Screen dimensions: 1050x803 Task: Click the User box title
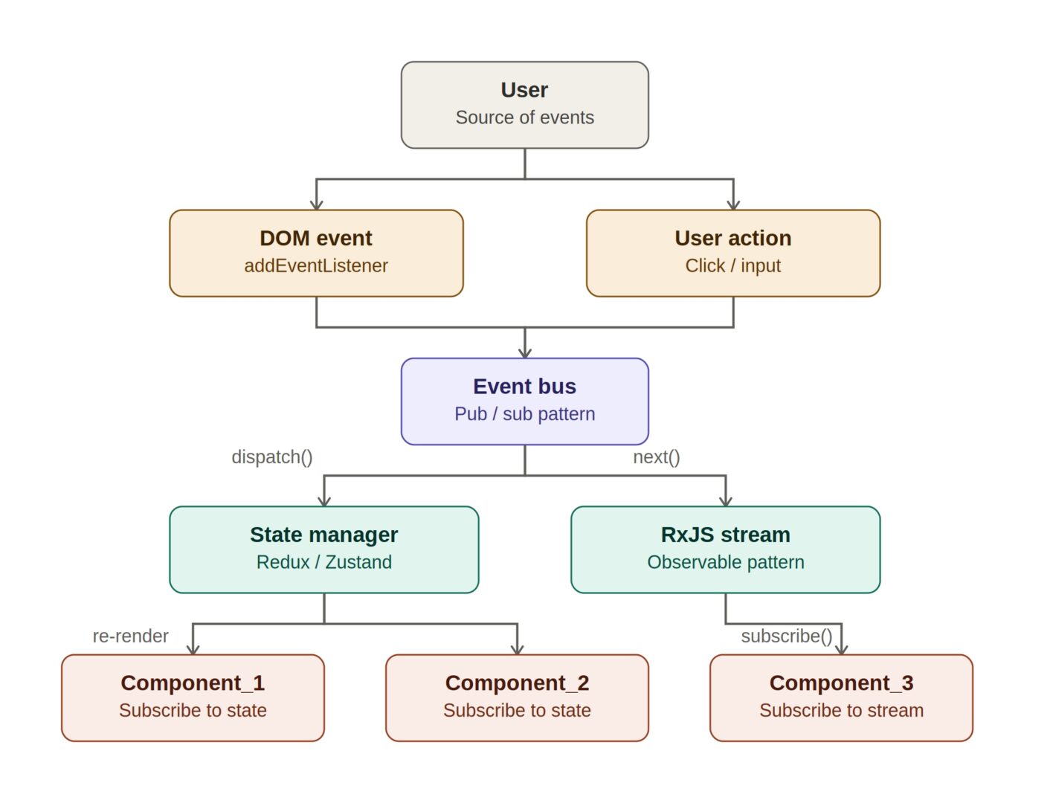click(x=524, y=90)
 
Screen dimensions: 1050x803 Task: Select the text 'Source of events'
click(x=524, y=117)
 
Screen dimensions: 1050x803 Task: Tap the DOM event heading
click(x=316, y=238)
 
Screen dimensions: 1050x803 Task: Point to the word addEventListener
click(x=316, y=265)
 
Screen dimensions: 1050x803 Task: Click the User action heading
click(x=733, y=238)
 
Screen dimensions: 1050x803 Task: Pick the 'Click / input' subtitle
click(x=733, y=265)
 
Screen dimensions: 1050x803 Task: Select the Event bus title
click(x=524, y=387)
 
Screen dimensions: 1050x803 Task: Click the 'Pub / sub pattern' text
click(x=524, y=413)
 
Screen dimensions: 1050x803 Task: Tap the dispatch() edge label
click(x=271, y=457)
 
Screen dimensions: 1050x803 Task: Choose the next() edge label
click(x=657, y=457)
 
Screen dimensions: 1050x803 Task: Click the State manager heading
click(x=324, y=535)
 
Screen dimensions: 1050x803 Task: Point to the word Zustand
click(x=358, y=562)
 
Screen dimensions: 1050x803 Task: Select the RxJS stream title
click(x=725, y=535)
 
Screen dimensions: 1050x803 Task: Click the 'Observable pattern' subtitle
click(x=725, y=562)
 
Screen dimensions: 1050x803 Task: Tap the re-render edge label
click(x=131, y=636)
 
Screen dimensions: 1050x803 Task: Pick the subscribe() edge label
click(x=787, y=636)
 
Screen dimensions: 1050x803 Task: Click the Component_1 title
click(x=193, y=683)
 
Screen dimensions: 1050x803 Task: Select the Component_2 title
click(x=517, y=683)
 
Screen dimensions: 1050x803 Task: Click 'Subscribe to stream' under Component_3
click(x=841, y=710)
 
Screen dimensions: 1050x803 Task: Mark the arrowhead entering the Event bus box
click(x=525, y=352)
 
